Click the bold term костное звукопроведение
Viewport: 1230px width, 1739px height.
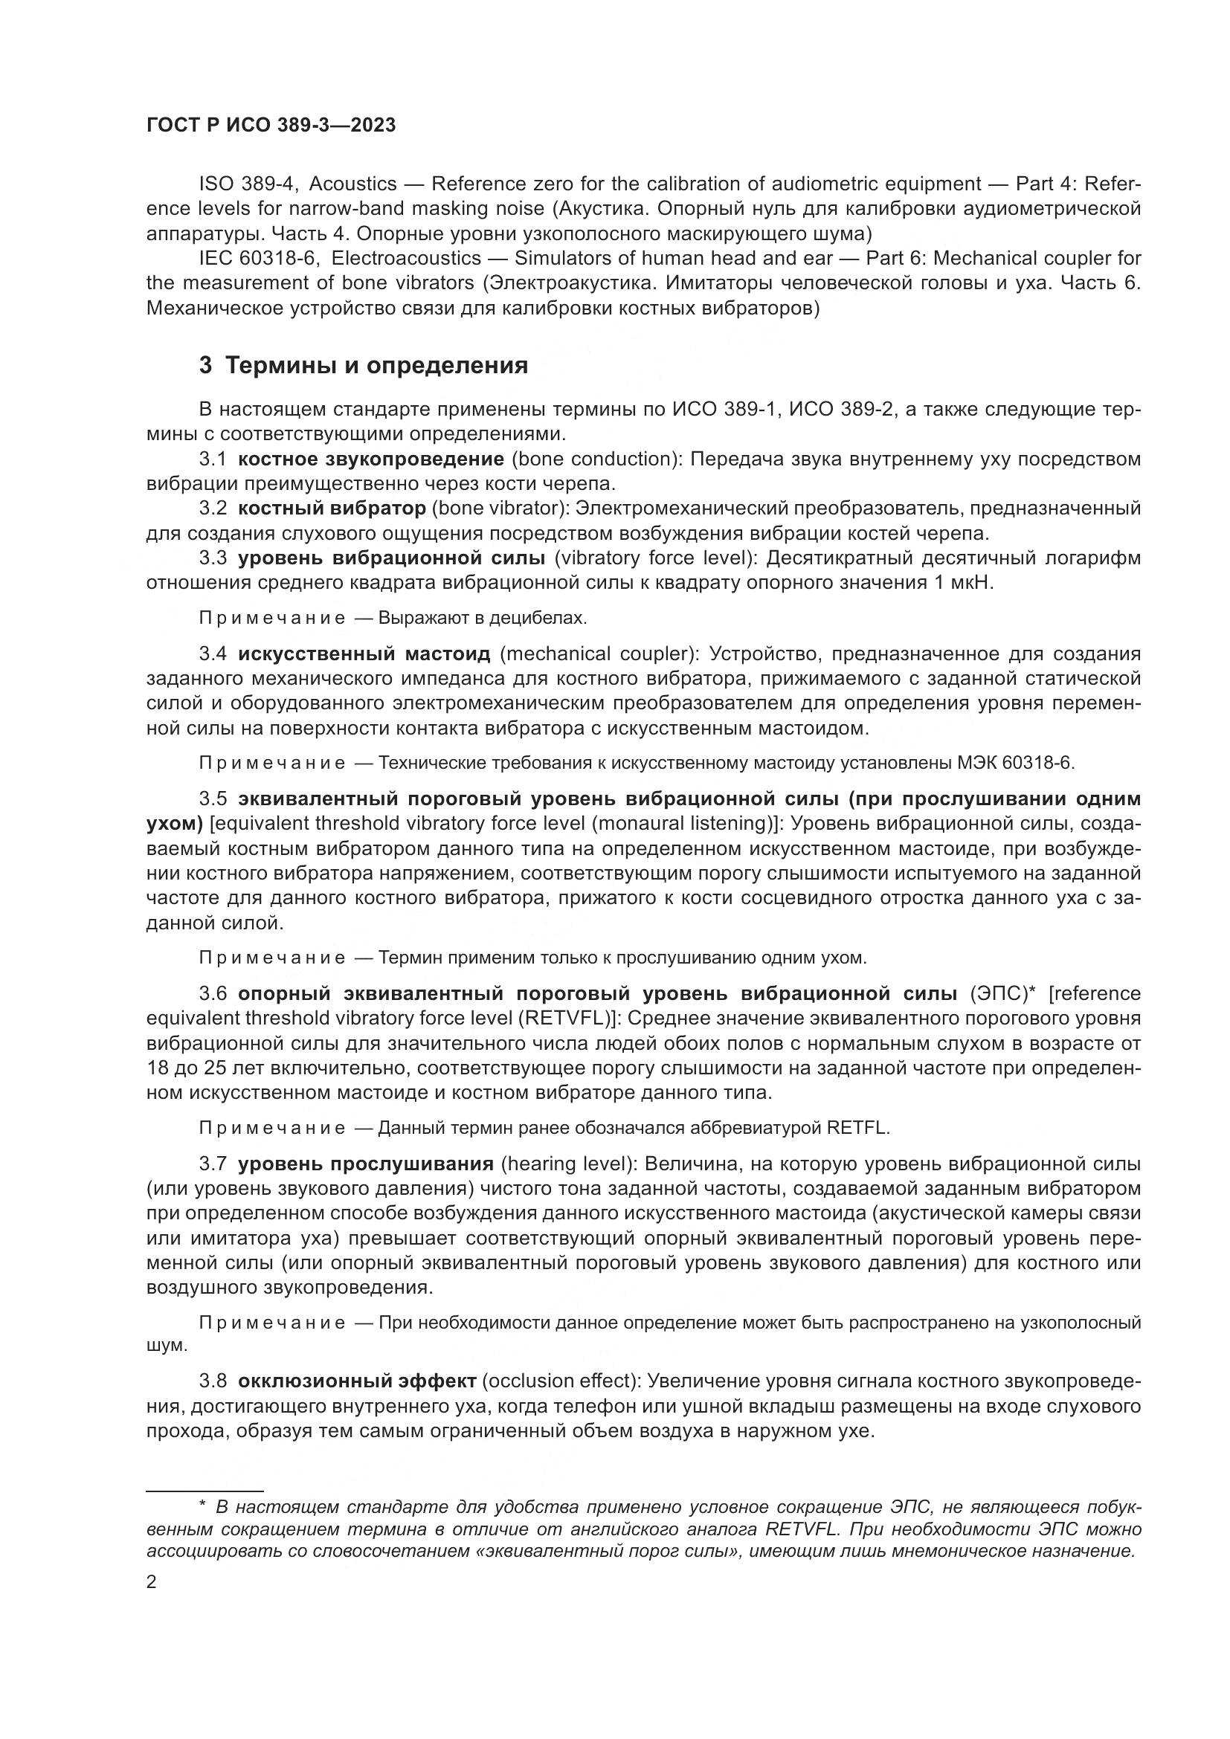pos(370,459)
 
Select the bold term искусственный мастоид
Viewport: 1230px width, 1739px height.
pos(364,654)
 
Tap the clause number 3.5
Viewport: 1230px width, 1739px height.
pos(213,799)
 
